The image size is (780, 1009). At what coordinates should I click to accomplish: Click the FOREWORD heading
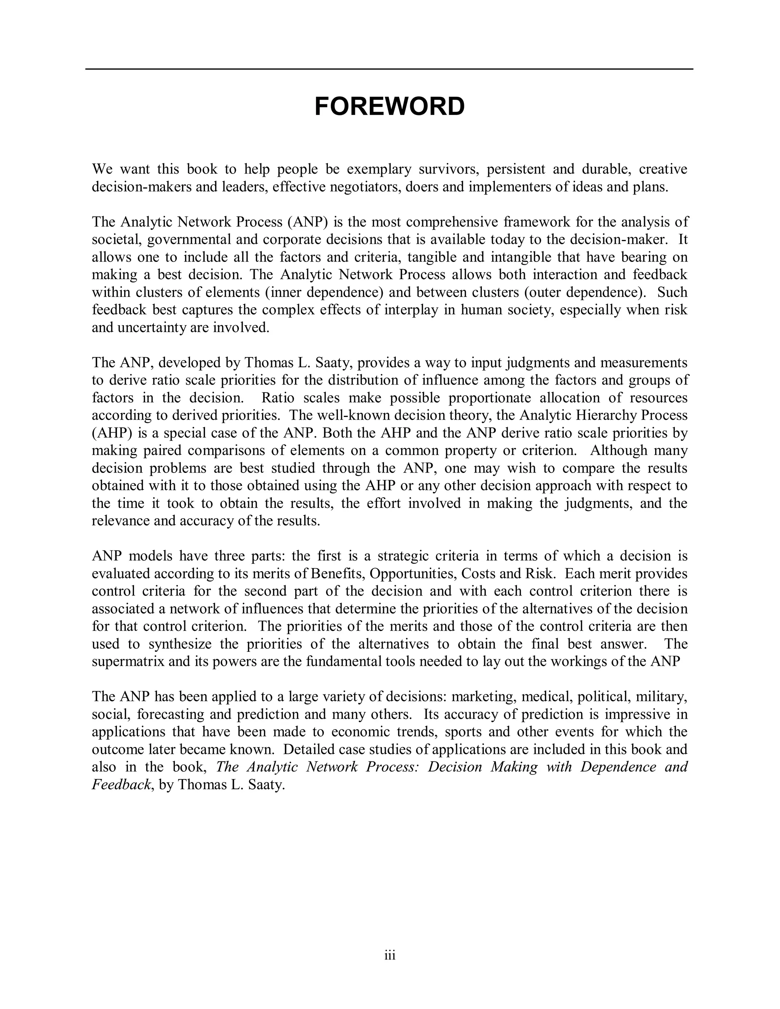(390, 107)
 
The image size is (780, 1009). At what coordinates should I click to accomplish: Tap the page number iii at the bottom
(390, 955)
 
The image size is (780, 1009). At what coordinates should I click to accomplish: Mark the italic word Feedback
(121, 784)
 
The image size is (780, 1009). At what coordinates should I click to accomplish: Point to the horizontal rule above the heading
(390, 69)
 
